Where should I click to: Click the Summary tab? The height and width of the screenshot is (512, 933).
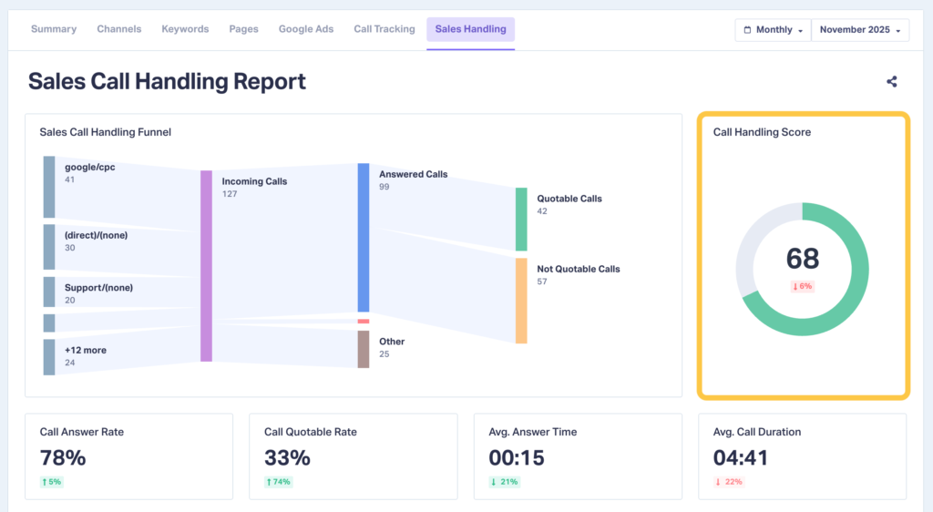pos(54,29)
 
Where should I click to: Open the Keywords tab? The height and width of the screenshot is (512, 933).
pos(185,29)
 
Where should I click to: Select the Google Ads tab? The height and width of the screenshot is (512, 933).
pos(306,29)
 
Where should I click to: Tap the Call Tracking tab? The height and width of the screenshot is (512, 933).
pos(384,29)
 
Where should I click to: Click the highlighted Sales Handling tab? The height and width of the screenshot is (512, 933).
pos(470,29)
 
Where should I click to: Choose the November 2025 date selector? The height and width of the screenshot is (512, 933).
pos(860,30)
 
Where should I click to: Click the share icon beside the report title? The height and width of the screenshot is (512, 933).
pos(891,82)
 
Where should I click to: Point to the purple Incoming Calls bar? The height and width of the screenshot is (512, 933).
pos(206,265)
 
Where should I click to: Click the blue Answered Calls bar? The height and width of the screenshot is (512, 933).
pos(364,238)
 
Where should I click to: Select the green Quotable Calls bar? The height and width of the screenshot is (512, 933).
pos(521,220)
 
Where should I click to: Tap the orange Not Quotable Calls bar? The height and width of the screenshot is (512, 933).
pos(521,301)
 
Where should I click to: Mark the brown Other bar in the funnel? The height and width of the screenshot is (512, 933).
pos(364,349)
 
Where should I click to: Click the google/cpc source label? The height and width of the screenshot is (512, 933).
pos(89,168)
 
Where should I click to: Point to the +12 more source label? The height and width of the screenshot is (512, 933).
pos(84,350)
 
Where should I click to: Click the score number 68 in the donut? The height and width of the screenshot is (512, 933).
pos(803,259)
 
